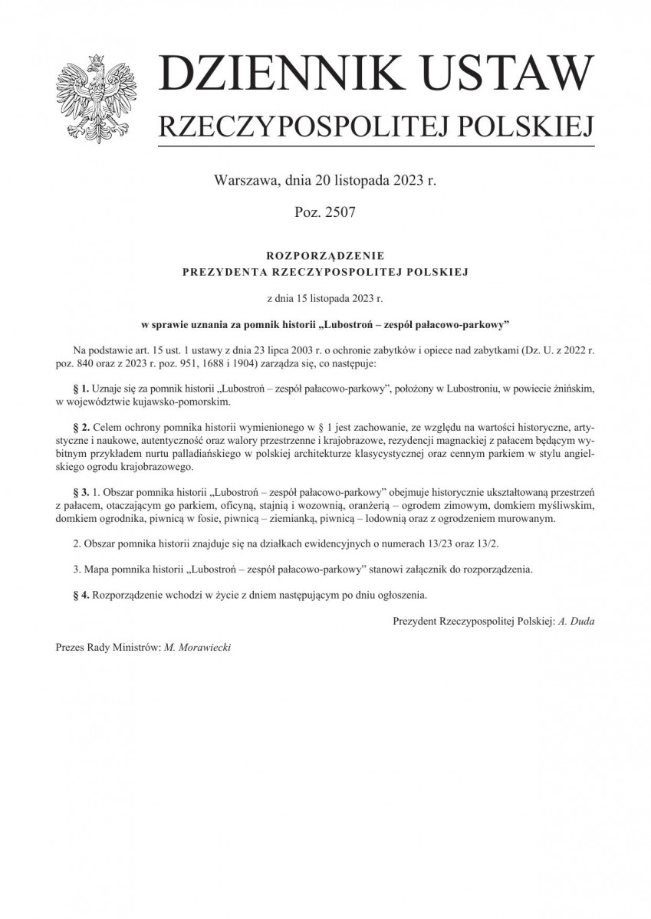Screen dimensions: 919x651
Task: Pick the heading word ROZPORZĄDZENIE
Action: [x=325, y=255]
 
